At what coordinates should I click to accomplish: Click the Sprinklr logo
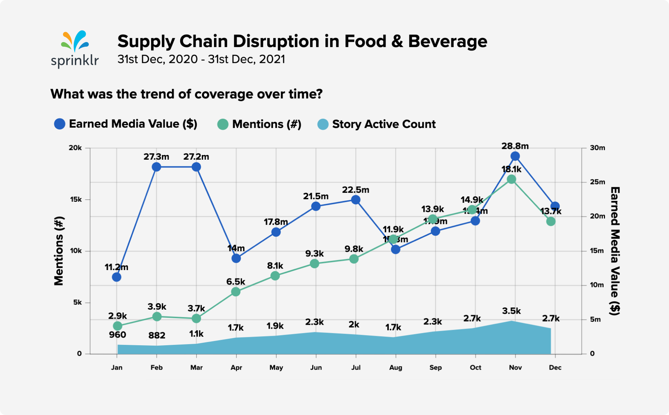(x=75, y=49)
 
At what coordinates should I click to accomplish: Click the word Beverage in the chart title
(x=447, y=41)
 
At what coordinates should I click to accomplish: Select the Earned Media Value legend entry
(x=126, y=124)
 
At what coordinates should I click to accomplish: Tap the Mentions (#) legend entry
(x=259, y=124)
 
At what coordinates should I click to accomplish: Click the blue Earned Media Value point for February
(x=156, y=167)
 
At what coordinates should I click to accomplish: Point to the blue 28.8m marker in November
(x=515, y=156)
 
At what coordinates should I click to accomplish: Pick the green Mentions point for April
(x=236, y=292)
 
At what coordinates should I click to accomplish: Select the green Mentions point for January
(x=117, y=326)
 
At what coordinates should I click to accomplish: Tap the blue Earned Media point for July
(x=356, y=200)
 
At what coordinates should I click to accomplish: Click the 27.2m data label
(x=196, y=157)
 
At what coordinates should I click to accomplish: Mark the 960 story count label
(x=117, y=335)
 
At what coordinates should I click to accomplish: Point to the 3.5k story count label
(x=511, y=311)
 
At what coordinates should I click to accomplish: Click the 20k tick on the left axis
(x=76, y=148)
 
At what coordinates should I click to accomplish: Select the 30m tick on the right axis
(x=597, y=148)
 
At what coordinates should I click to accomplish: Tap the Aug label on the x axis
(x=396, y=368)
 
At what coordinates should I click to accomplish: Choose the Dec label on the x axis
(x=555, y=368)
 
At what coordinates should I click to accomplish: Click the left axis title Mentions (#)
(x=59, y=251)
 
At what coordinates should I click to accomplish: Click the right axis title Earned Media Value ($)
(x=615, y=251)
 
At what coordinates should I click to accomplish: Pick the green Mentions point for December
(x=551, y=222)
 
